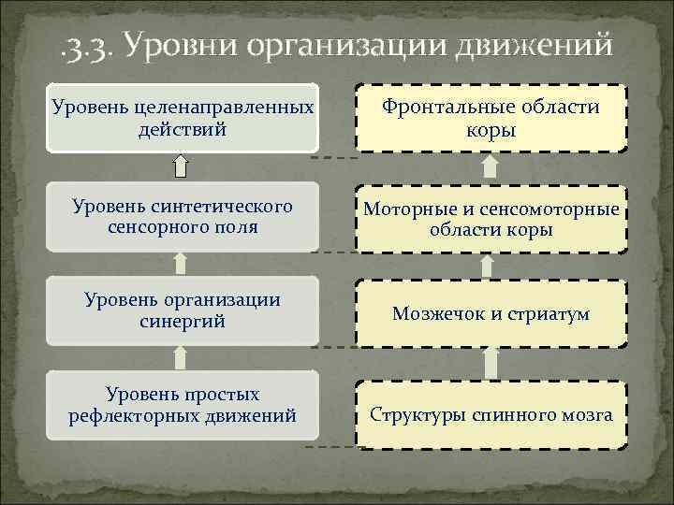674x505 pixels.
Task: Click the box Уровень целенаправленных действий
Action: [x=183, y=118]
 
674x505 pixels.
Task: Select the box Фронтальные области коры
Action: [x=491, y=118]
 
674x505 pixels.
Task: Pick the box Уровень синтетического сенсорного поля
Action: [x=183, y=217]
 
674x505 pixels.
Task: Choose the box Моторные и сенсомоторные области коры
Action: [x=491, y=219]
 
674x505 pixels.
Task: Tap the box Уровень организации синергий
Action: [x=183, y=310]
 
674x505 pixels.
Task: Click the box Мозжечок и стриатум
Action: [x=491, y=314]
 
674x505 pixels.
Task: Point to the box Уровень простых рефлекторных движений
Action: [x=183, y=404]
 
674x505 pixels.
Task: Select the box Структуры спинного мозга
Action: [x=491, y=414]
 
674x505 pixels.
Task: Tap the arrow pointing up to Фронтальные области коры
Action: [x=490, y=167]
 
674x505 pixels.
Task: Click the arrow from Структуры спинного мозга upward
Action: [x=490, y=362]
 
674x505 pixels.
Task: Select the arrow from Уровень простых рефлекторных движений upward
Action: [x=183, y=357]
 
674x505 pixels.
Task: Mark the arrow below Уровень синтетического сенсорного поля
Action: [x=183, y=264]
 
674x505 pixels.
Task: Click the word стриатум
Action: [x=550, y=314]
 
